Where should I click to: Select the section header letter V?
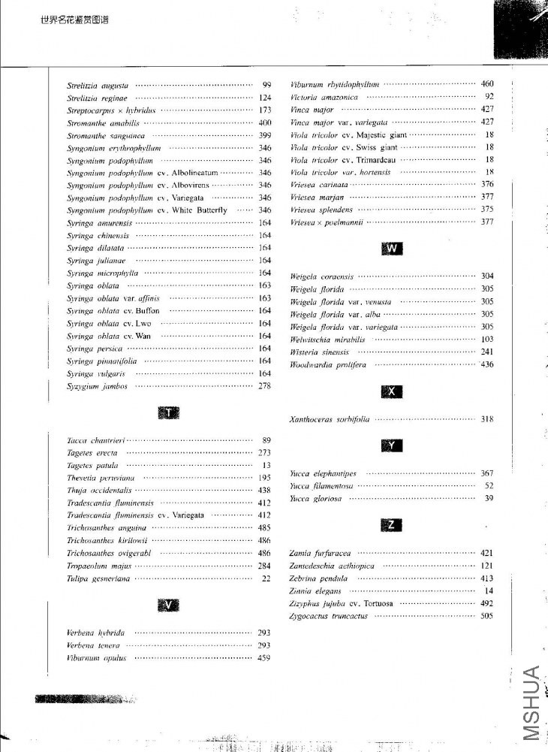point(170,606)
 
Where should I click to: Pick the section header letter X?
point(393,391)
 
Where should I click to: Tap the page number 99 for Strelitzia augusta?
point(266,85)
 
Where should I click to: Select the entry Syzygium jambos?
point(97,386)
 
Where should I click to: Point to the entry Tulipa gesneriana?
point(98,578)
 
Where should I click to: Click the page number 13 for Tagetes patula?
point(266,466)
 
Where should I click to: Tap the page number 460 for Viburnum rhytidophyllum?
point(487,84)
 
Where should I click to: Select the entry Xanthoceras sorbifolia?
point(330,419)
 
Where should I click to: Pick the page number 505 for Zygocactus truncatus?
point(487,616)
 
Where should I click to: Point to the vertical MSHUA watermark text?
point(531,702)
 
